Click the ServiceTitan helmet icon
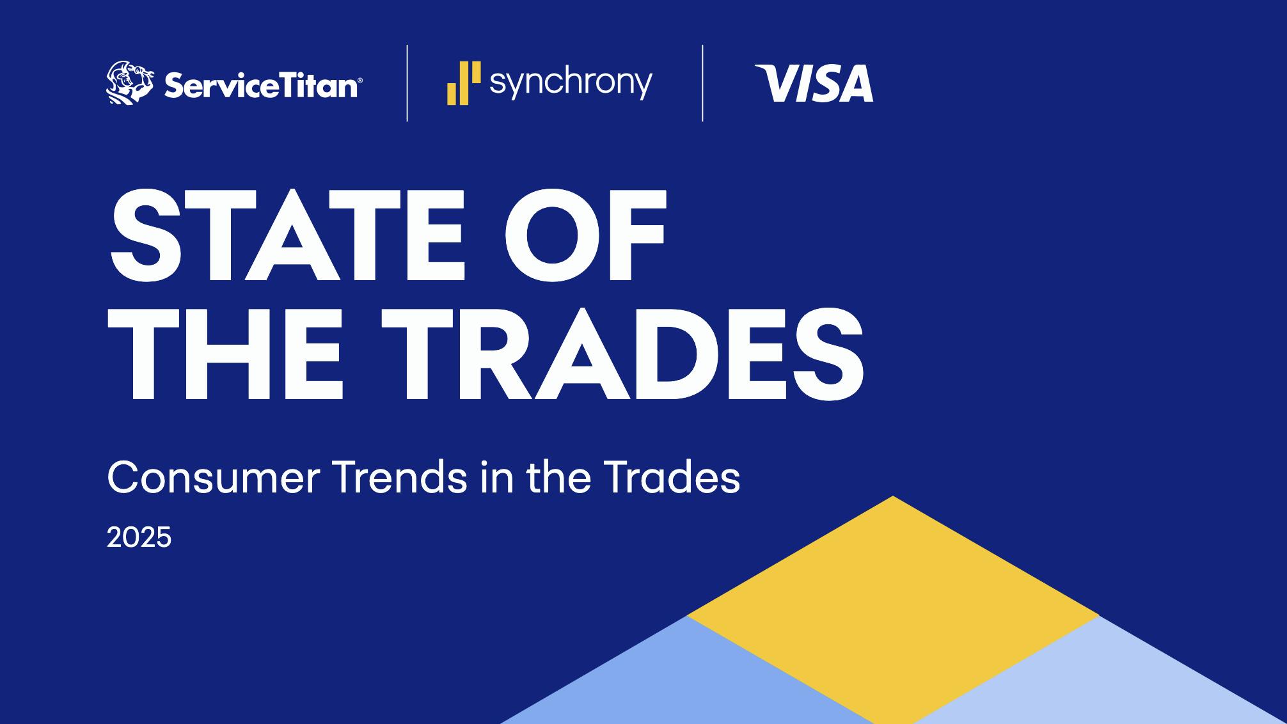click(x=129, y=83)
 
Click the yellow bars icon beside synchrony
click(x=463, y=83)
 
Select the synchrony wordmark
click(x=571, y=83)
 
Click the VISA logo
click(x=814, y=83)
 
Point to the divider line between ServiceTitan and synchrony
click(x=407, y=83)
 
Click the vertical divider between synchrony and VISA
click(x=703, y=83)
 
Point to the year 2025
click(x=139, y=537)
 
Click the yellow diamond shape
click(x=893, y=608)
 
